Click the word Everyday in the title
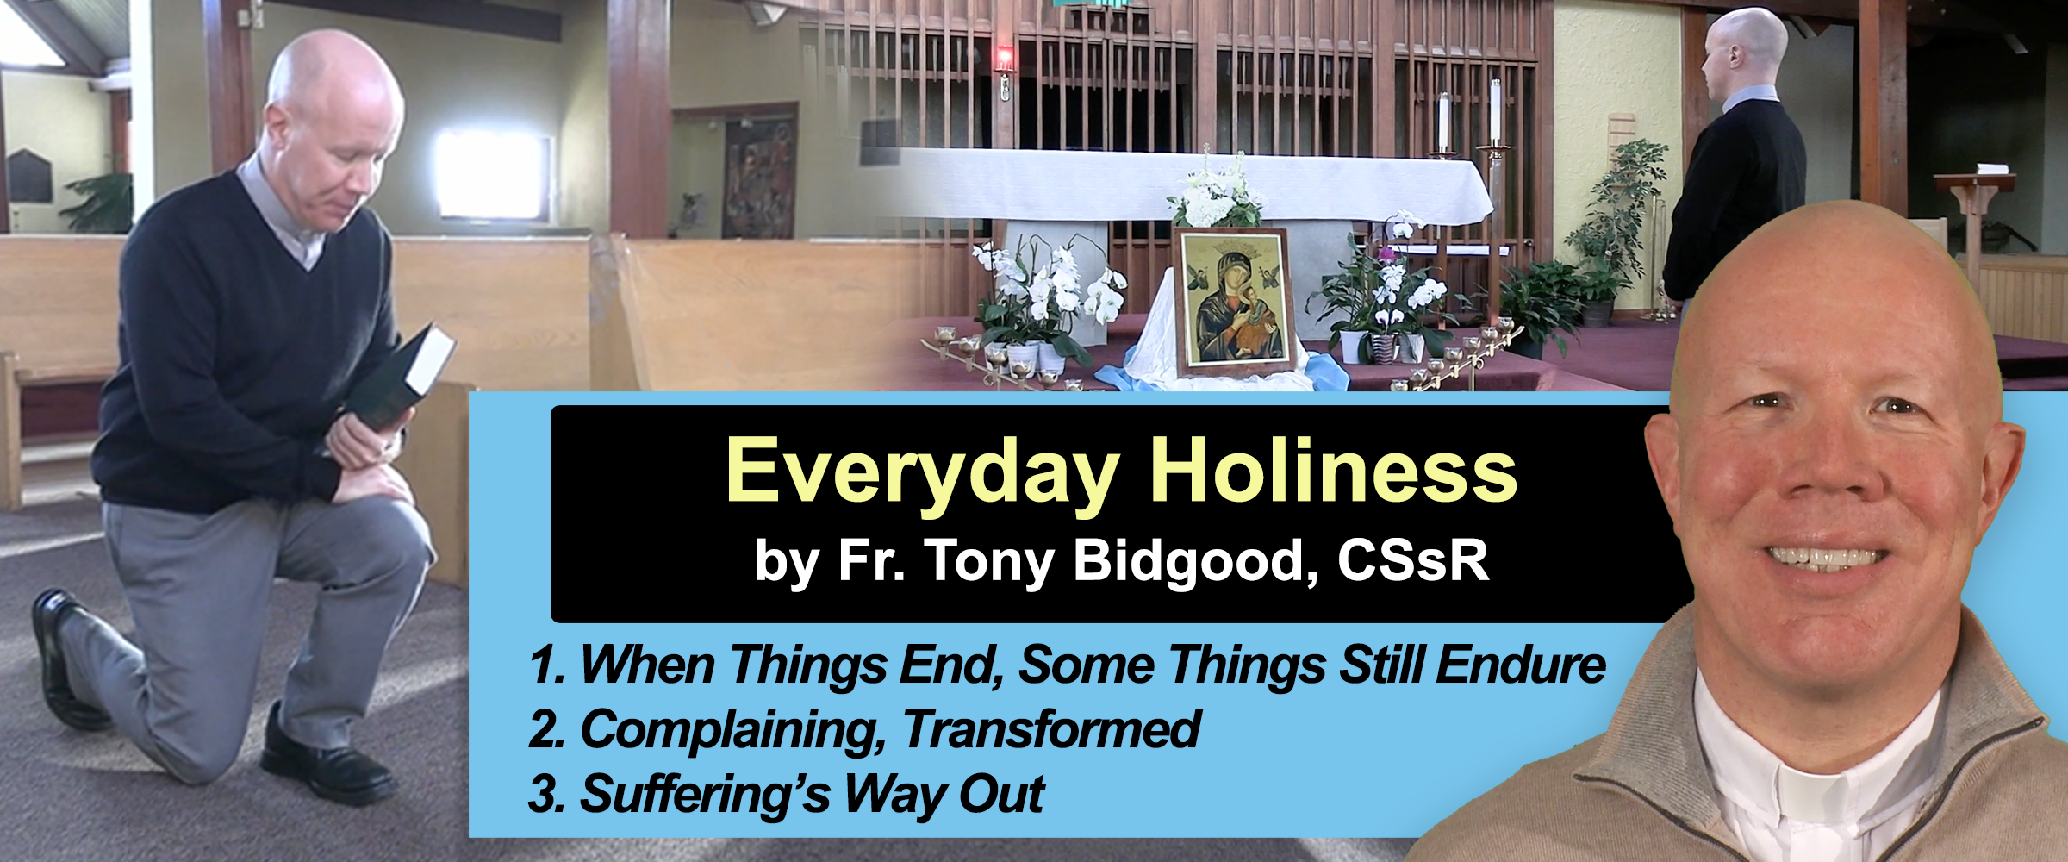pos(923,473)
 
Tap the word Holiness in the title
pos(1334,470)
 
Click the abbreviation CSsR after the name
pos(1413,561)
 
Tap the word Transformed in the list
pos(1052,730)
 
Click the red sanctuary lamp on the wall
pos(1004,59)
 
